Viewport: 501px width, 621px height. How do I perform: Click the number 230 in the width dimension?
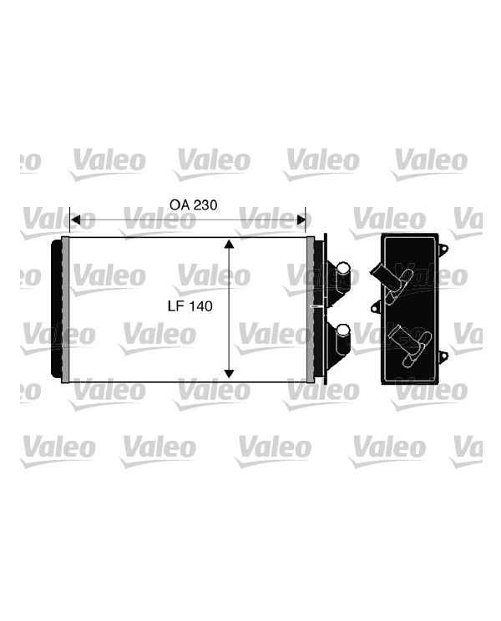coord(205,204)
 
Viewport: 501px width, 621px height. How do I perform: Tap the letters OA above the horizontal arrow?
coord(180,204)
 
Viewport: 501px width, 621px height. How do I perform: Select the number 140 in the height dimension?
coord(200,306)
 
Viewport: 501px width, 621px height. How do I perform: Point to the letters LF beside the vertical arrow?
coord(176,306)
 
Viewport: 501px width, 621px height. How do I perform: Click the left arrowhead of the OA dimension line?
coord(75,220)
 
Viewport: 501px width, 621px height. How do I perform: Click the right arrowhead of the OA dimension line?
coord(301,220)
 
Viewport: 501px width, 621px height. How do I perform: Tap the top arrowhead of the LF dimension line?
coord(229,244)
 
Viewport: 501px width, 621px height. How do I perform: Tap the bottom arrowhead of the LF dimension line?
coord(229,373)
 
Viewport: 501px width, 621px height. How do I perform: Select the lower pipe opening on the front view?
coord(343,330)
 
